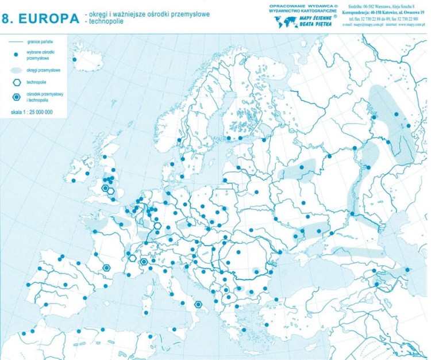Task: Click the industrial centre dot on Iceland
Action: [x=74, y=60]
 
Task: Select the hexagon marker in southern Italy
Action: [x=198, y=304]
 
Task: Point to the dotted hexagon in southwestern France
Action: [x=106, y=267]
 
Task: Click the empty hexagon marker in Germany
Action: [x=157, y=225]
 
